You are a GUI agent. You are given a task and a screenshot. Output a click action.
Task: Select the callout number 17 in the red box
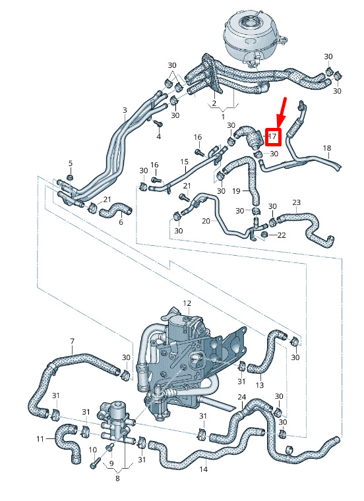pyautogui.click(x=273, y=136)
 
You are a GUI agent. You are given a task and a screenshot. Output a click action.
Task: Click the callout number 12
pyautogui.click(x=187, y=304)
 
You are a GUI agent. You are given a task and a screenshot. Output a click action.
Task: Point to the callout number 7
pyautogui.click(x=72, y=342)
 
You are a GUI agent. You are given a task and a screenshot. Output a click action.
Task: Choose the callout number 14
pyautogui.click(x=204, y=469)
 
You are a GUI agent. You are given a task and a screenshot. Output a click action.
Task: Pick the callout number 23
pyautogui.click(x=296, y=202)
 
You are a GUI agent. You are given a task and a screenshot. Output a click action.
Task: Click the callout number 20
pyautogui.click(x=206, y=221)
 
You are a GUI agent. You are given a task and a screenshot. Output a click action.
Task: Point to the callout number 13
pyautogui.click(x=260, y=384)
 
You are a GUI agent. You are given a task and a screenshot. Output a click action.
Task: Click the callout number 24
pyautogui.click(x=242, y=398)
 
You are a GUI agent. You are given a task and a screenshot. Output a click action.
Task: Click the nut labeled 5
pyautogui.click(x=71, y=177)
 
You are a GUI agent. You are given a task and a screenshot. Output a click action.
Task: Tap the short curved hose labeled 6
pyautogui.click(x=118, y=210)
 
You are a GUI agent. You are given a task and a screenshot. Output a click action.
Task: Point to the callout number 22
pyautogui.click(x=282, y=235)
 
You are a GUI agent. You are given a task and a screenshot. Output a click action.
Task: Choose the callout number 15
pyautogui.click(x=185, y=161)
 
